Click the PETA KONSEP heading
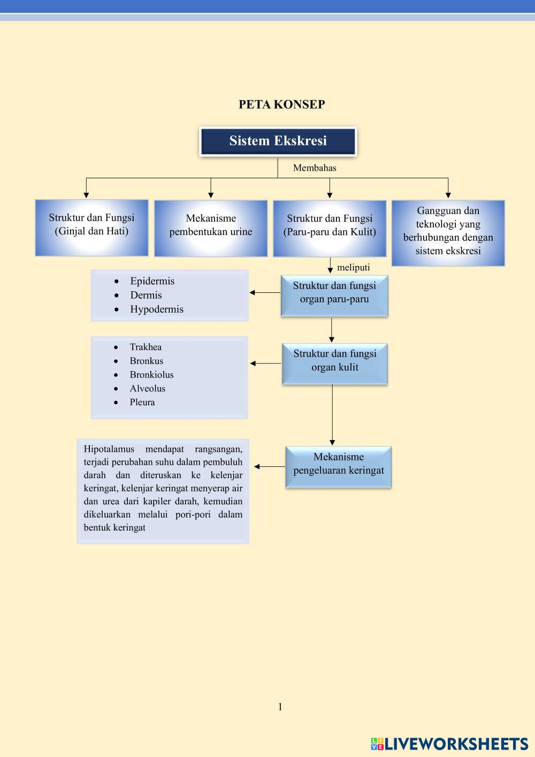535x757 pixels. click(x=281, y=104)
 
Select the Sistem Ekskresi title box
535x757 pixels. click(x=278, y=141)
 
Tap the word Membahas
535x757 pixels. click(x=315, y=168)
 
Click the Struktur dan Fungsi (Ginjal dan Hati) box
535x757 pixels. click(x=91, y=228)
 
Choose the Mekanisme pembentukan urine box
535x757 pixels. click(x=211, y=228)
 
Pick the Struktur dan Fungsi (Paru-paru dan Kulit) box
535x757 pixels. click(x=330, y=228)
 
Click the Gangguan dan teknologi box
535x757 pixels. click(x=448, y=233)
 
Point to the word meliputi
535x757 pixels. click(x=353, y=267)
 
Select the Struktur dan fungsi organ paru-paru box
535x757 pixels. click(x=334, y=296)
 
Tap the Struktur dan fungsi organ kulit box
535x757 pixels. click(x=334, y=364)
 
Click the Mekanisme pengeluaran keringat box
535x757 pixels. click(x=338, y=466)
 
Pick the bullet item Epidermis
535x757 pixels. click(x=152, y=281)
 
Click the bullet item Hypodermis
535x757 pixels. click(x=156, y=309)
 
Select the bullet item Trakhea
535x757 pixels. click(x=146, y=347)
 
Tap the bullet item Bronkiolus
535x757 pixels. click(x=151, y=375)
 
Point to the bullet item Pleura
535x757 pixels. click(x=142, y=403)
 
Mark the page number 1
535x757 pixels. click(x=280, y=707)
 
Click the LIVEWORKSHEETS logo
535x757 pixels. click(x=449, y=744)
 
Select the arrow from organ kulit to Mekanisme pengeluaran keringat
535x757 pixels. click(x=332, y=415)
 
